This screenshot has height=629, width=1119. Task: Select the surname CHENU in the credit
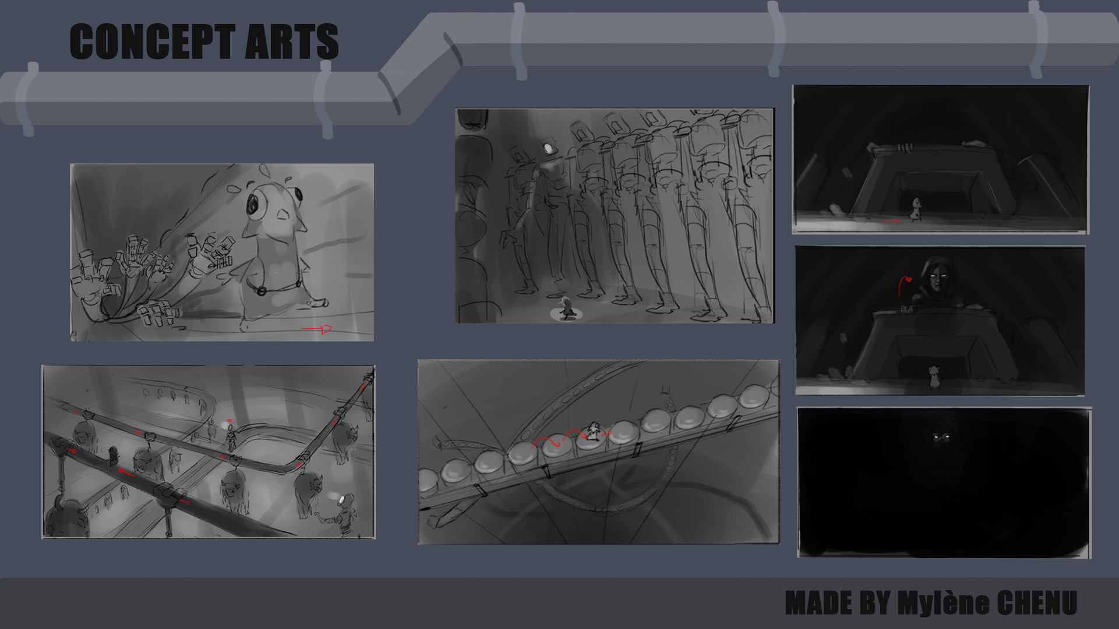1037,603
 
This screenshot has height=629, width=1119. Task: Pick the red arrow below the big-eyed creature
316,330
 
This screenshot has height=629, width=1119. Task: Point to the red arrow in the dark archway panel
891,221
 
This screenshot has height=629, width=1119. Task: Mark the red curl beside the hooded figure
905,285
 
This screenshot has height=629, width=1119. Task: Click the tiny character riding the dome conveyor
593,431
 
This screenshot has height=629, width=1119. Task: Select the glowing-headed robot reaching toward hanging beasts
344,512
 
